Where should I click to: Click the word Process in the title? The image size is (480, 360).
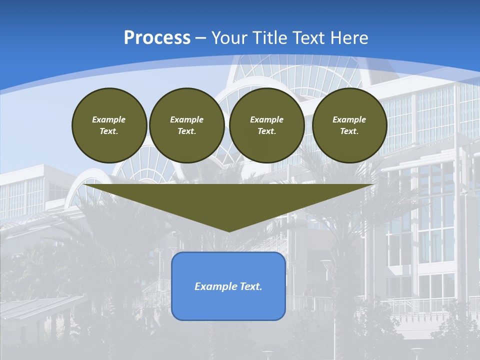coord(157,38)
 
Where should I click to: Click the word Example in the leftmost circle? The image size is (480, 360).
coord(109,119)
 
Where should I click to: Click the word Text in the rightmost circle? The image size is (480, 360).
coord(348,131)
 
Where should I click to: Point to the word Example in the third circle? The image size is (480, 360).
coord(266,119)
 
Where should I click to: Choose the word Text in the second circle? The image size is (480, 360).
coord(186,131)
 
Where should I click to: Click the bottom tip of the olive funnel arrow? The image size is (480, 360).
coord(229,230)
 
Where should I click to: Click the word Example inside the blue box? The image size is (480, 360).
coord(214,286)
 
